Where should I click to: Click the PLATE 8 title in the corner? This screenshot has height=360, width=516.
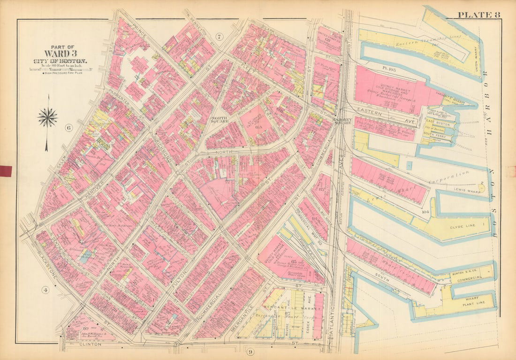tap(479, 14)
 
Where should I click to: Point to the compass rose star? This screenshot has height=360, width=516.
tap(47, 117)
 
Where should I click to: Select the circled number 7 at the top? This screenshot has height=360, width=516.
tap(219, 37)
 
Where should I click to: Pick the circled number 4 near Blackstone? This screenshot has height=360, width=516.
tap(46, 289)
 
